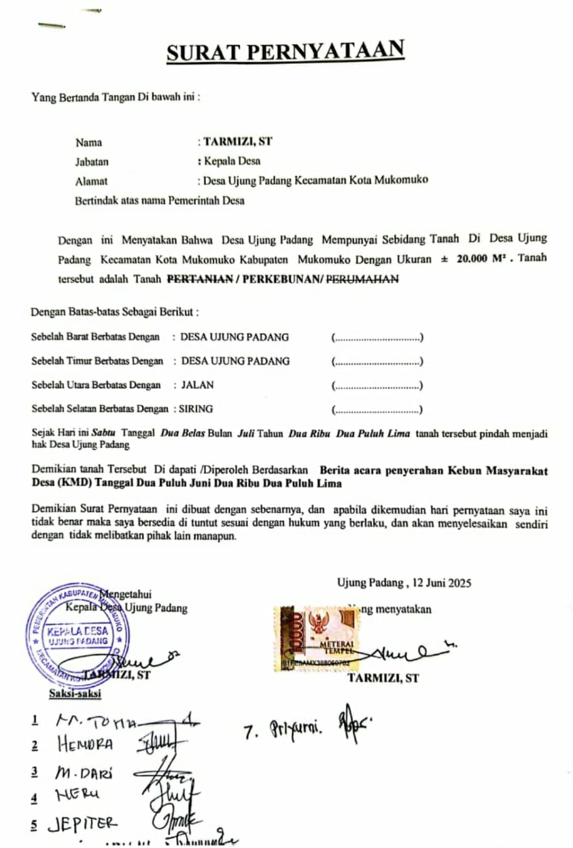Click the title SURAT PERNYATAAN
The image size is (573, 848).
point(285,51)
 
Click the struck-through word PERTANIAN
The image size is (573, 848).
point(200,279)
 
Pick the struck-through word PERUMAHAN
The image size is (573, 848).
point(362,279)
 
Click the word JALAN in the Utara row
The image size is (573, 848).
point(197,385)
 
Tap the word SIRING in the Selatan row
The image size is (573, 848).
point(196,409)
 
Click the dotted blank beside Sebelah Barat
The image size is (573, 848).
point(377,338)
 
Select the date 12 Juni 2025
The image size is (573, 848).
point(441,583)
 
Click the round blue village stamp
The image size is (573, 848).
point(77,635)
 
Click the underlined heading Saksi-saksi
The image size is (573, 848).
point(75,693)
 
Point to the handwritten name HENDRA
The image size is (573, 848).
point(85,744)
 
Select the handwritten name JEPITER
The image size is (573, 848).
point(82,824)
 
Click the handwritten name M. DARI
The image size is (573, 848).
point(84,773)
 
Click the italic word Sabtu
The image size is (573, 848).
point(103,433)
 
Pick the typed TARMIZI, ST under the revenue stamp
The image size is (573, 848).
point(383,678)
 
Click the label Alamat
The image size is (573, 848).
point(91,181)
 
